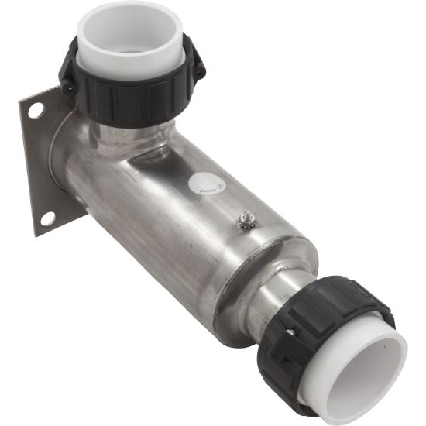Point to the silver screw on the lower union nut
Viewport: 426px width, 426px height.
[x=290, y=331]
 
